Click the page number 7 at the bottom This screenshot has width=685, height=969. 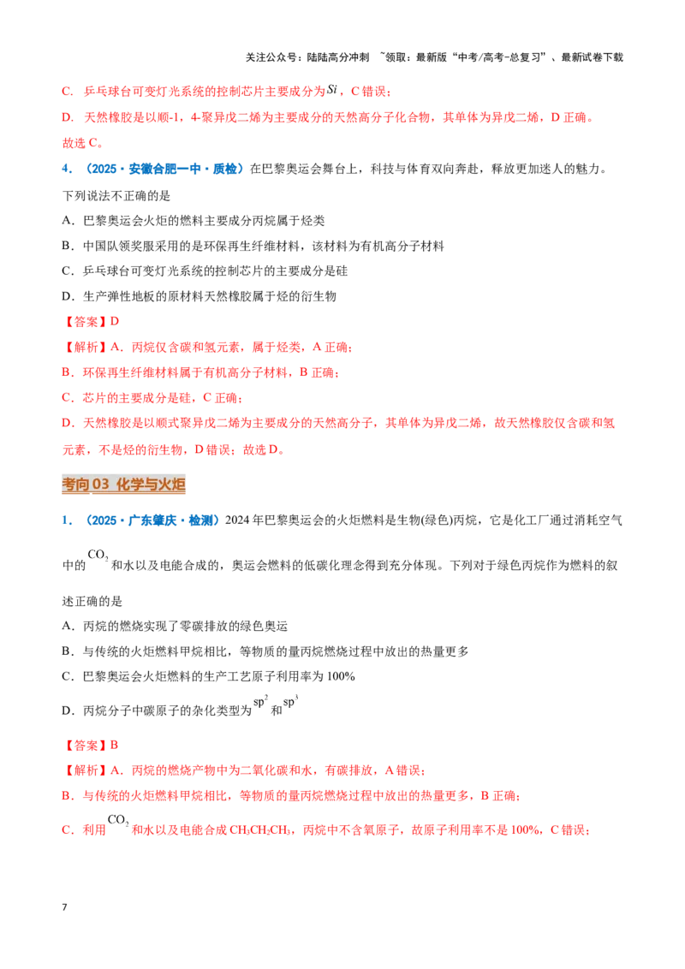click(64, 907)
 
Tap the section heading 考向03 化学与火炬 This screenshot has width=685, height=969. click(123, 484)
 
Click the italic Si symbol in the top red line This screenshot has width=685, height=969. click(332, 89)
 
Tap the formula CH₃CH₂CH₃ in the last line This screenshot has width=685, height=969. click(260, 830)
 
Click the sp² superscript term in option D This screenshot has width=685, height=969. click(261, 701)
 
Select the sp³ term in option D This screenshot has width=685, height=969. click(290, 701)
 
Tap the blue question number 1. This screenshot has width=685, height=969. click(67, 520)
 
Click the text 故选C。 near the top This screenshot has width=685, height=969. click(83, 143)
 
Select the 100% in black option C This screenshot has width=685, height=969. click(341, 676)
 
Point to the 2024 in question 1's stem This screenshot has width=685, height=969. click(237, 520)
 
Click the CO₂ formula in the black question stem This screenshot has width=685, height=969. click(98, 555)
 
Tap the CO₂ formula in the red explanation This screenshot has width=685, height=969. click(118, 820)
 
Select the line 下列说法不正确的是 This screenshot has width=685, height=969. click(116, 196)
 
